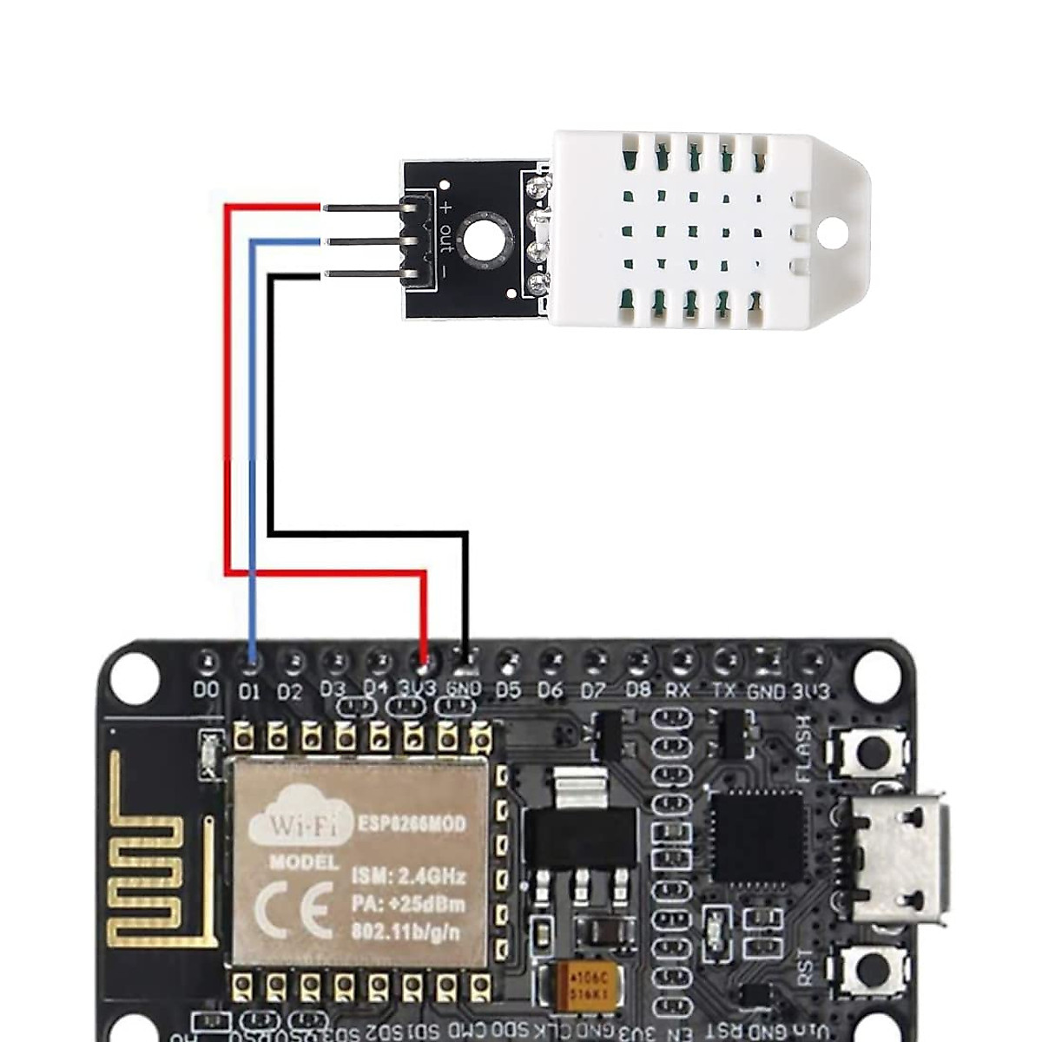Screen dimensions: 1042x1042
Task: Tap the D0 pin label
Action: point(206,690)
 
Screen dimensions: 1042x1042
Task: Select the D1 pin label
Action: point(249,692)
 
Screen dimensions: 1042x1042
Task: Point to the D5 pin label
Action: point(508,690)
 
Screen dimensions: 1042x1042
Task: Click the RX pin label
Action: point(678,690)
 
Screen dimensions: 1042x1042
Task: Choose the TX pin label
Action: point(723,690)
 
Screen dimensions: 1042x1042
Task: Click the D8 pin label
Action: point(638,690)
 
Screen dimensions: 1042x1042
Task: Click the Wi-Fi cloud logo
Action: point(300,817)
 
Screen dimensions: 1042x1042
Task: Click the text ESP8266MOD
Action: point(412,822)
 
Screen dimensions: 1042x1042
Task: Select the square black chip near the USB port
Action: point(756,835)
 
